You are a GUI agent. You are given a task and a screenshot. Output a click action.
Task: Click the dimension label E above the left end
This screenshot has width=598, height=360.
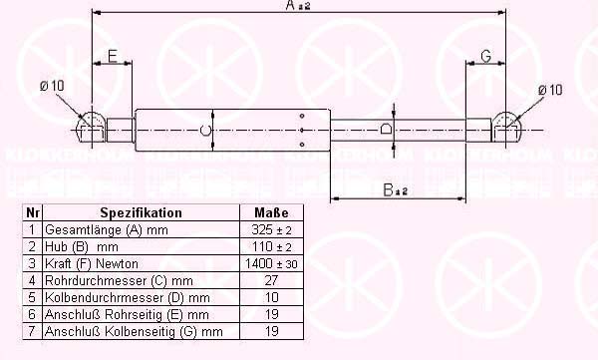(112, 57)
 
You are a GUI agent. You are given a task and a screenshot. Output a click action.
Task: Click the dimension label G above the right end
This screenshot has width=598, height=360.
(486, 57)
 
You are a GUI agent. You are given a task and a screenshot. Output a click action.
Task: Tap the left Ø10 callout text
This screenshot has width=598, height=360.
(52, 86)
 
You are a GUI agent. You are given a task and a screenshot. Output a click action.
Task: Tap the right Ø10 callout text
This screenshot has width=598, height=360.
(550, 90)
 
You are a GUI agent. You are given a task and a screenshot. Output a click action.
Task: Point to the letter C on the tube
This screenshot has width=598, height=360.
(205, 131)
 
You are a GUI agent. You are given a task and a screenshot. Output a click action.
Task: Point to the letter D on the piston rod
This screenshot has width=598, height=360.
(386, 129)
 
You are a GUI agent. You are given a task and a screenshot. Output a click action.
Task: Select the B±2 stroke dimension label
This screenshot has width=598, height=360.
(395, 189)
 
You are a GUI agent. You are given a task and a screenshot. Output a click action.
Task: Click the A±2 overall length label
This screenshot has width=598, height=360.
(298, 5)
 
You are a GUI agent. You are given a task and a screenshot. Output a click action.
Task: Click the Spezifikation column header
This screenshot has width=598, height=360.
(142, 212)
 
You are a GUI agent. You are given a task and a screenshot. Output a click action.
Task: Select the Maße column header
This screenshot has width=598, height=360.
(271, 212)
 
